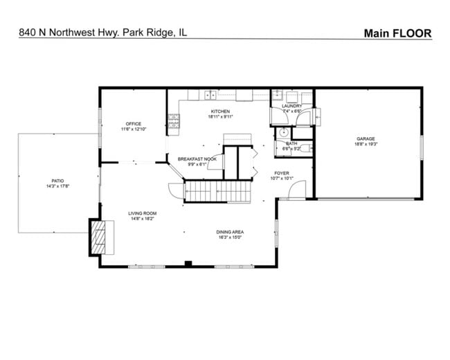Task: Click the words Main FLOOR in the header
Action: [x=397, y=33]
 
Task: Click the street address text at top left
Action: [x=103, y=33]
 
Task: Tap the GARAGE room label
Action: [x=366, y=138]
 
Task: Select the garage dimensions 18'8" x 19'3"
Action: [x=366, y=145]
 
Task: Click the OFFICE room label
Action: [x=133, y=124]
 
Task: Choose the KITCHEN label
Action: [x=220, y=111]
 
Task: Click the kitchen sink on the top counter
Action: [x=208, y=95]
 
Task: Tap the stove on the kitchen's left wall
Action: [x=174, y=123]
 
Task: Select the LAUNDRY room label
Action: [x=291, y=106]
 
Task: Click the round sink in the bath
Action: [x=282, y=134]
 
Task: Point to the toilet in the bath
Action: [x=307, y=147]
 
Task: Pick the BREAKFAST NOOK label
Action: [x=197, y=159]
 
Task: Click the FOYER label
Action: [x=281, y=173]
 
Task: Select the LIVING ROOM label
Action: [x=142, y=213]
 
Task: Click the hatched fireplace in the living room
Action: [x=101, y=237]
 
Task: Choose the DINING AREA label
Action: [x=229, y=232]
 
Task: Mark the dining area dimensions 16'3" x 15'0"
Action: [x=229, y=238]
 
